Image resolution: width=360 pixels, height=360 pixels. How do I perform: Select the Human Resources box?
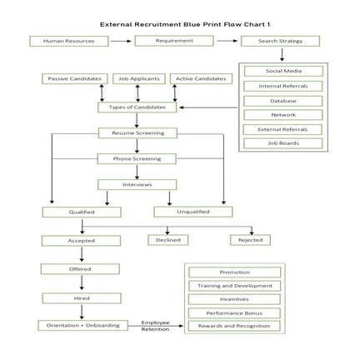(69, 40)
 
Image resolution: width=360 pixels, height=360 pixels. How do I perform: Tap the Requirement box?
(174, 40)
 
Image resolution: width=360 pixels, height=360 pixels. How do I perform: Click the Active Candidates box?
(199, 78)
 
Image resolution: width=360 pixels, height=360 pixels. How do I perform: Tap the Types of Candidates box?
(137, 107)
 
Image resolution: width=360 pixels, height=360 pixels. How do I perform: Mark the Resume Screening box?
(137, 132)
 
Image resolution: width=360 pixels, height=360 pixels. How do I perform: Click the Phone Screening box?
(137, 158)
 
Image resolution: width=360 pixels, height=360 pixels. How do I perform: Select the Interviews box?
(137, 184)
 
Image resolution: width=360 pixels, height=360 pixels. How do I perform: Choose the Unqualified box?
(192, 212)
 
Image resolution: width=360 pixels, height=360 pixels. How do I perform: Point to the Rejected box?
(250, 240)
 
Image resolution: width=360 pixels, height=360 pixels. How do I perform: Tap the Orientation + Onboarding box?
(82, 325)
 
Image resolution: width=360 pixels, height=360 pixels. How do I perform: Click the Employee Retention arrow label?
(156, 325)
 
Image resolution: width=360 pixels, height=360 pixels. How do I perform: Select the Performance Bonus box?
(234, 312)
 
